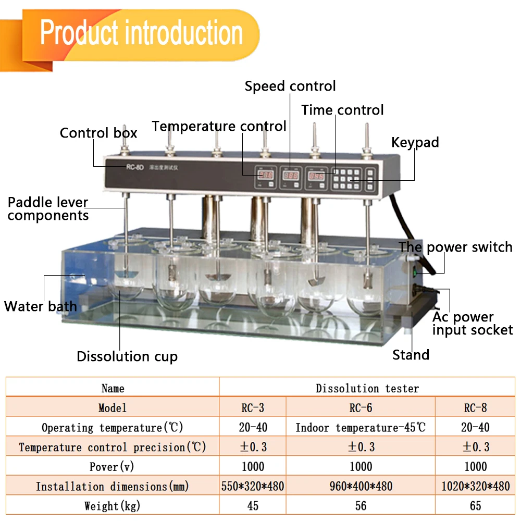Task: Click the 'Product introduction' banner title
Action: (x=142, y=33)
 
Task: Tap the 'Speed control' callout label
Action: (x=290, y=86)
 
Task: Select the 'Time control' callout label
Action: (x=342, y=110)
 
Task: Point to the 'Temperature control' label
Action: (x=219, y=127)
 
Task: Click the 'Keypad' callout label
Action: (x=415, y=142)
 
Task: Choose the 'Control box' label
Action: (x=98, y=133)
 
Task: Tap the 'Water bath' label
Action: (x=41, y=306)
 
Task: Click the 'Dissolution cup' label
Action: (x=127, y=356)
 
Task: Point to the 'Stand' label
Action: (x=411, y=355)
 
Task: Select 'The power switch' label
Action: (x=456, y=247)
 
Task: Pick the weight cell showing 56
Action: (x=361, y=505)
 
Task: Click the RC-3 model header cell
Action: (x=253, y=407)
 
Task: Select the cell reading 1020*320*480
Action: (x=475, y=486)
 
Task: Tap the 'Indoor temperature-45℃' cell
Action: (x=361, y=427)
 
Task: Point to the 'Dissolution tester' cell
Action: (x=367, y=388)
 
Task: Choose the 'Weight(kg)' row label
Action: (x=113, y=505)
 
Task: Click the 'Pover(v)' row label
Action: (x=113, y=466)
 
